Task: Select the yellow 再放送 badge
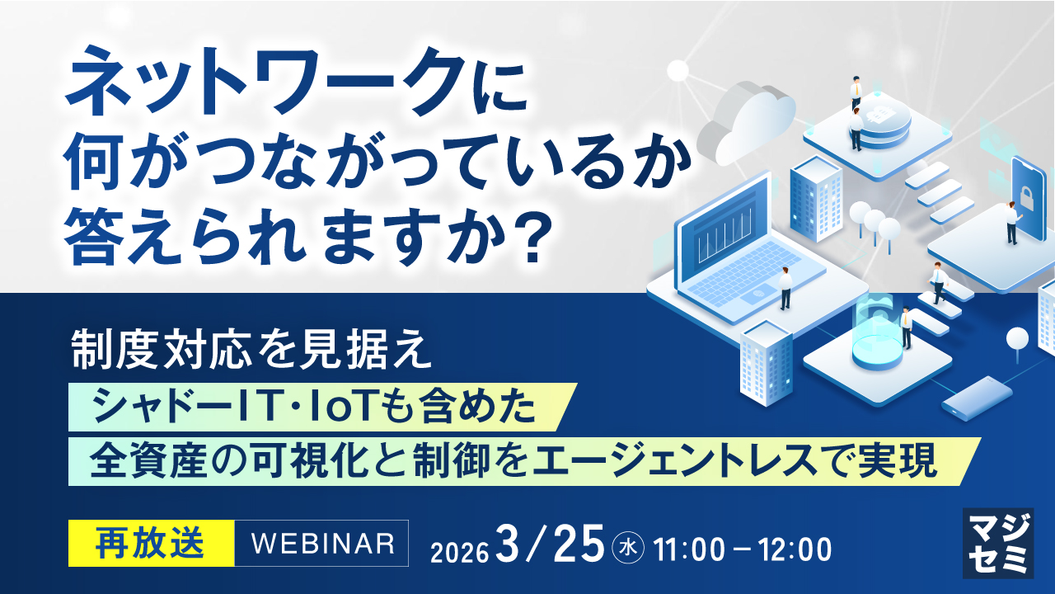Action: click(x=151, y=543)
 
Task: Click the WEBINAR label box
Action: click(x=321, y=543)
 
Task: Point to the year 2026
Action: click(x=459, y=551)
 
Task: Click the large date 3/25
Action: click(x=550, y=544)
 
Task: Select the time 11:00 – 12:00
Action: click(x=742, y=549)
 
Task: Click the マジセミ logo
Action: click(x=998, y=543)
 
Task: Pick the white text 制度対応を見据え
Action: click(x=251, y=350)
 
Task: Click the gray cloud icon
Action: click(x=747, y=125)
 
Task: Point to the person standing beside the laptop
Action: click(x=785, y=288)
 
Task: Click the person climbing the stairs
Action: click(x=937, y=283)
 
